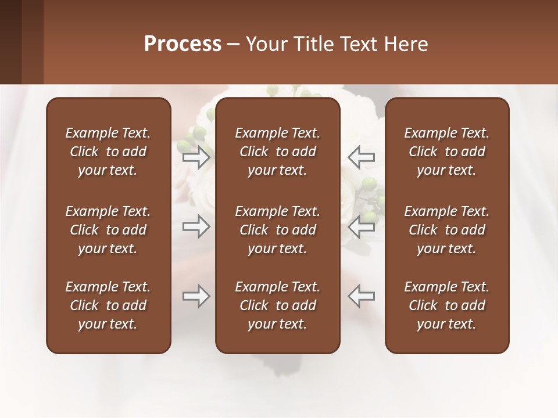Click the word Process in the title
click(183, 44)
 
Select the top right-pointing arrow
click(196, 157)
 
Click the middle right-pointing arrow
click(196, 226)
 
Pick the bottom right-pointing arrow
click(196, 297)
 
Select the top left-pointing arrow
click(361, 157)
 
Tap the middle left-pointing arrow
click(361, 226)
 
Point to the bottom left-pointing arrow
click(361, 297)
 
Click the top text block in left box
click(108, 152)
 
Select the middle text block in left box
click(108, 230)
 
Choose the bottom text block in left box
click(108, 305)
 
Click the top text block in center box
click(277, 152)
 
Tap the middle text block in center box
click(277, 230)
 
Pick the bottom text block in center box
click(277, 305)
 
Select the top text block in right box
click(446, 152)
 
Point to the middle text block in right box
click(446, 230)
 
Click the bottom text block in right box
click(446, 305)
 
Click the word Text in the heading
click(357, 44)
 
